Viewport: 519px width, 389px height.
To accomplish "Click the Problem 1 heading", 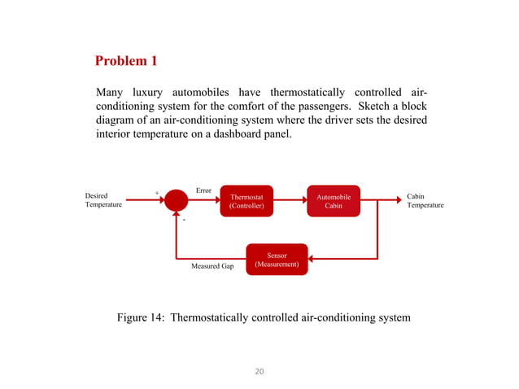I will click(x=126, y=61).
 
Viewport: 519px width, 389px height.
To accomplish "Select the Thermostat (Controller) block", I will click(x=246, y=201).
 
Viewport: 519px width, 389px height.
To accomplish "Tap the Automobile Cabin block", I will click(x=334, y=201).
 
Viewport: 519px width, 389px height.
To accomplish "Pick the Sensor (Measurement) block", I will click(x=277, y=260).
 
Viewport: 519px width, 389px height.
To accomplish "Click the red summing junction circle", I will click(x=176, y=200).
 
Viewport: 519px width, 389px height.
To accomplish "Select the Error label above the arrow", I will click(x=203, y=190).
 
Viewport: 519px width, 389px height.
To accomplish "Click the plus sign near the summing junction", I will click(x=157, y=194).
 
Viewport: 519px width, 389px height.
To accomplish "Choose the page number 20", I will click(x=259, y=372).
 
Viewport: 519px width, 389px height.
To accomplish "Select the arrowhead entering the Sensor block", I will click(x=313, y=260).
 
